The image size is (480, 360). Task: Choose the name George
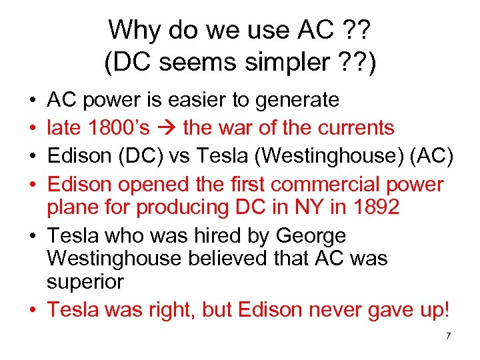tap(311, 237)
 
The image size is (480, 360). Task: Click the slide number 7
tap(448, 336)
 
